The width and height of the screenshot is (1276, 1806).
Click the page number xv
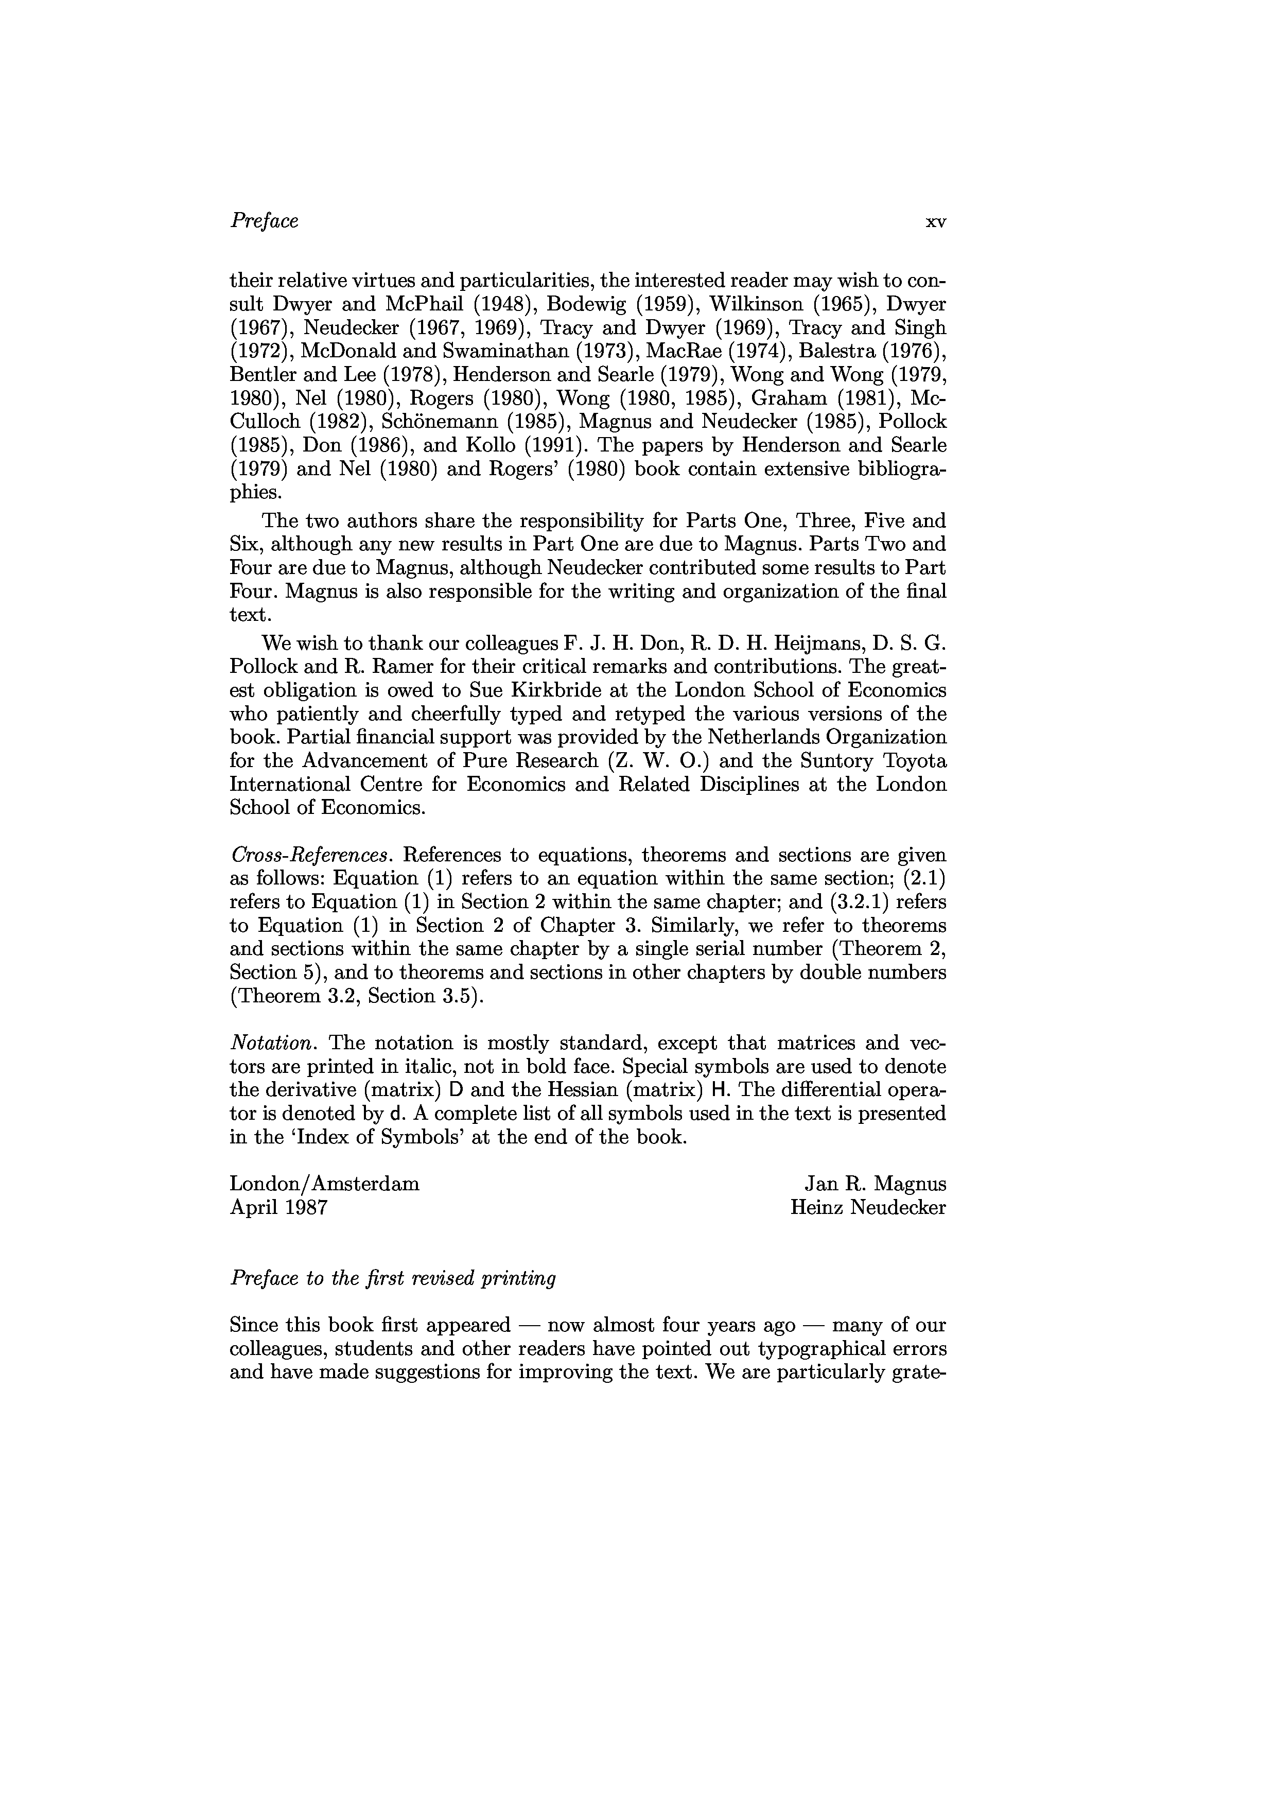tap(936, 222)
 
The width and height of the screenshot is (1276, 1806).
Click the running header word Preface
tap(264, 221)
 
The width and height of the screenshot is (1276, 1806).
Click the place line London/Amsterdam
tap(324, 1184)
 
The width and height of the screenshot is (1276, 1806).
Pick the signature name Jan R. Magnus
tap(875, 1184)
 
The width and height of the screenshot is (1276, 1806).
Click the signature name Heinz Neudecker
tap(868, 1207)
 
